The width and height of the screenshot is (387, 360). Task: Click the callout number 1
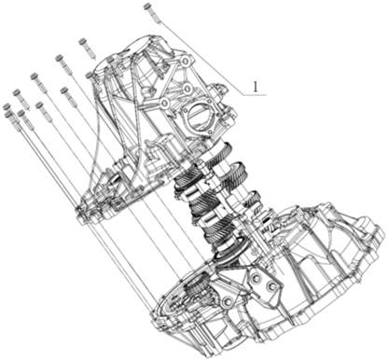[256, 87]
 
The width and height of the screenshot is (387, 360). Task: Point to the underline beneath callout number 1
[255, 95]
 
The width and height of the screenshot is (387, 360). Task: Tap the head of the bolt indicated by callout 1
[148, 6]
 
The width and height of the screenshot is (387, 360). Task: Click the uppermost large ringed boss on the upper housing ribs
[186, 62]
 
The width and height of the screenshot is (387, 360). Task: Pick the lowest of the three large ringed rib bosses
[164, 103]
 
